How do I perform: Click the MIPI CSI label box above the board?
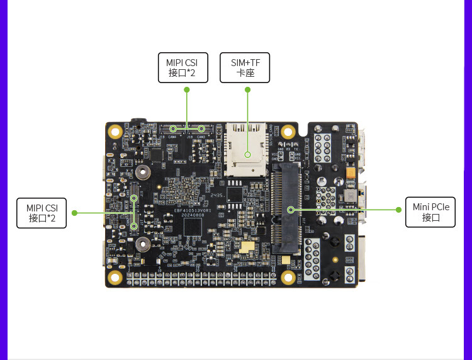pyautogui.click(x=181, y=68)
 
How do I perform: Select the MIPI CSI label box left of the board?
pyautogui.click(x=42, y=213)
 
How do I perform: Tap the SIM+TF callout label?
pyautogui.click(x=245, y=68)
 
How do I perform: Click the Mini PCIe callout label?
pyautogui.click(x=430, y=213)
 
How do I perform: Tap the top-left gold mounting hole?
pyautogui.click(x=115, y=132)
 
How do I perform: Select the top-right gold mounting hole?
pyautogui.click(x=288, y=132)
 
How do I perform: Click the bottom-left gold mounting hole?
pyautogui.click(x=115, y=277)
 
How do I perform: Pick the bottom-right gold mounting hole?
pyautogui.click(x=288, y=277)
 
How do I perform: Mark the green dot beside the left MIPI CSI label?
pyautogui.click(x=74, y=213)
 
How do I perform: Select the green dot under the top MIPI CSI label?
pyautogui.click(x=187, y=90)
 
